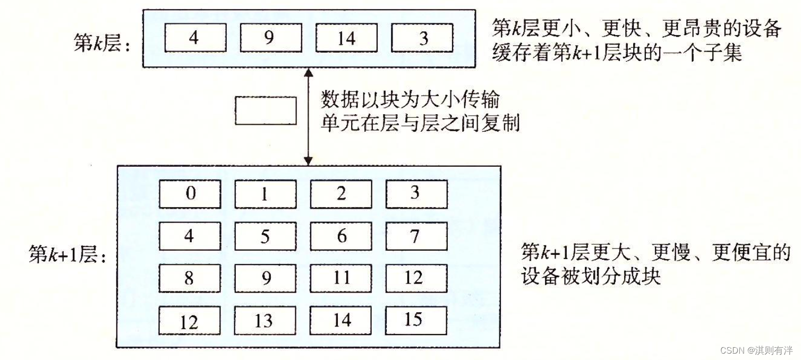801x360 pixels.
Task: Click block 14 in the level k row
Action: click(x=346, y=38)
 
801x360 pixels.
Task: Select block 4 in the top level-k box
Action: click(x=195, y=38)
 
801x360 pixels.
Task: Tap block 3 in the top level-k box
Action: click(x=423, y=38)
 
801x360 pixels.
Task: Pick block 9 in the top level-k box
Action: click(x=270, y=38)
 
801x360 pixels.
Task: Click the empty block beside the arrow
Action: click(x=266, y=110)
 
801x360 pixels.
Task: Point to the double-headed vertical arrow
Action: click(x=308, y=116)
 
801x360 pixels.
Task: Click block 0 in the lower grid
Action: click(x=190, y=194)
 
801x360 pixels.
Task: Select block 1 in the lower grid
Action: click(x=266, y=194)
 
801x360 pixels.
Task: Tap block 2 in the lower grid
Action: click(x=341, y=194)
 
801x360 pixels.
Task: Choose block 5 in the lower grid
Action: click(x=266, y=236)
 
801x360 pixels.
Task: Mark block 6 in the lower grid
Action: click(x=341, y=236)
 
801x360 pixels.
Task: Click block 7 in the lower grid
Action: click(x=416, y=236)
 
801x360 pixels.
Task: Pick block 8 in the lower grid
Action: click(x=190, y=278)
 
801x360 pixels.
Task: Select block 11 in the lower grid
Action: click(x=341, y=278)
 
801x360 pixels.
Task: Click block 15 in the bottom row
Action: click(x=416, y=320)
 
